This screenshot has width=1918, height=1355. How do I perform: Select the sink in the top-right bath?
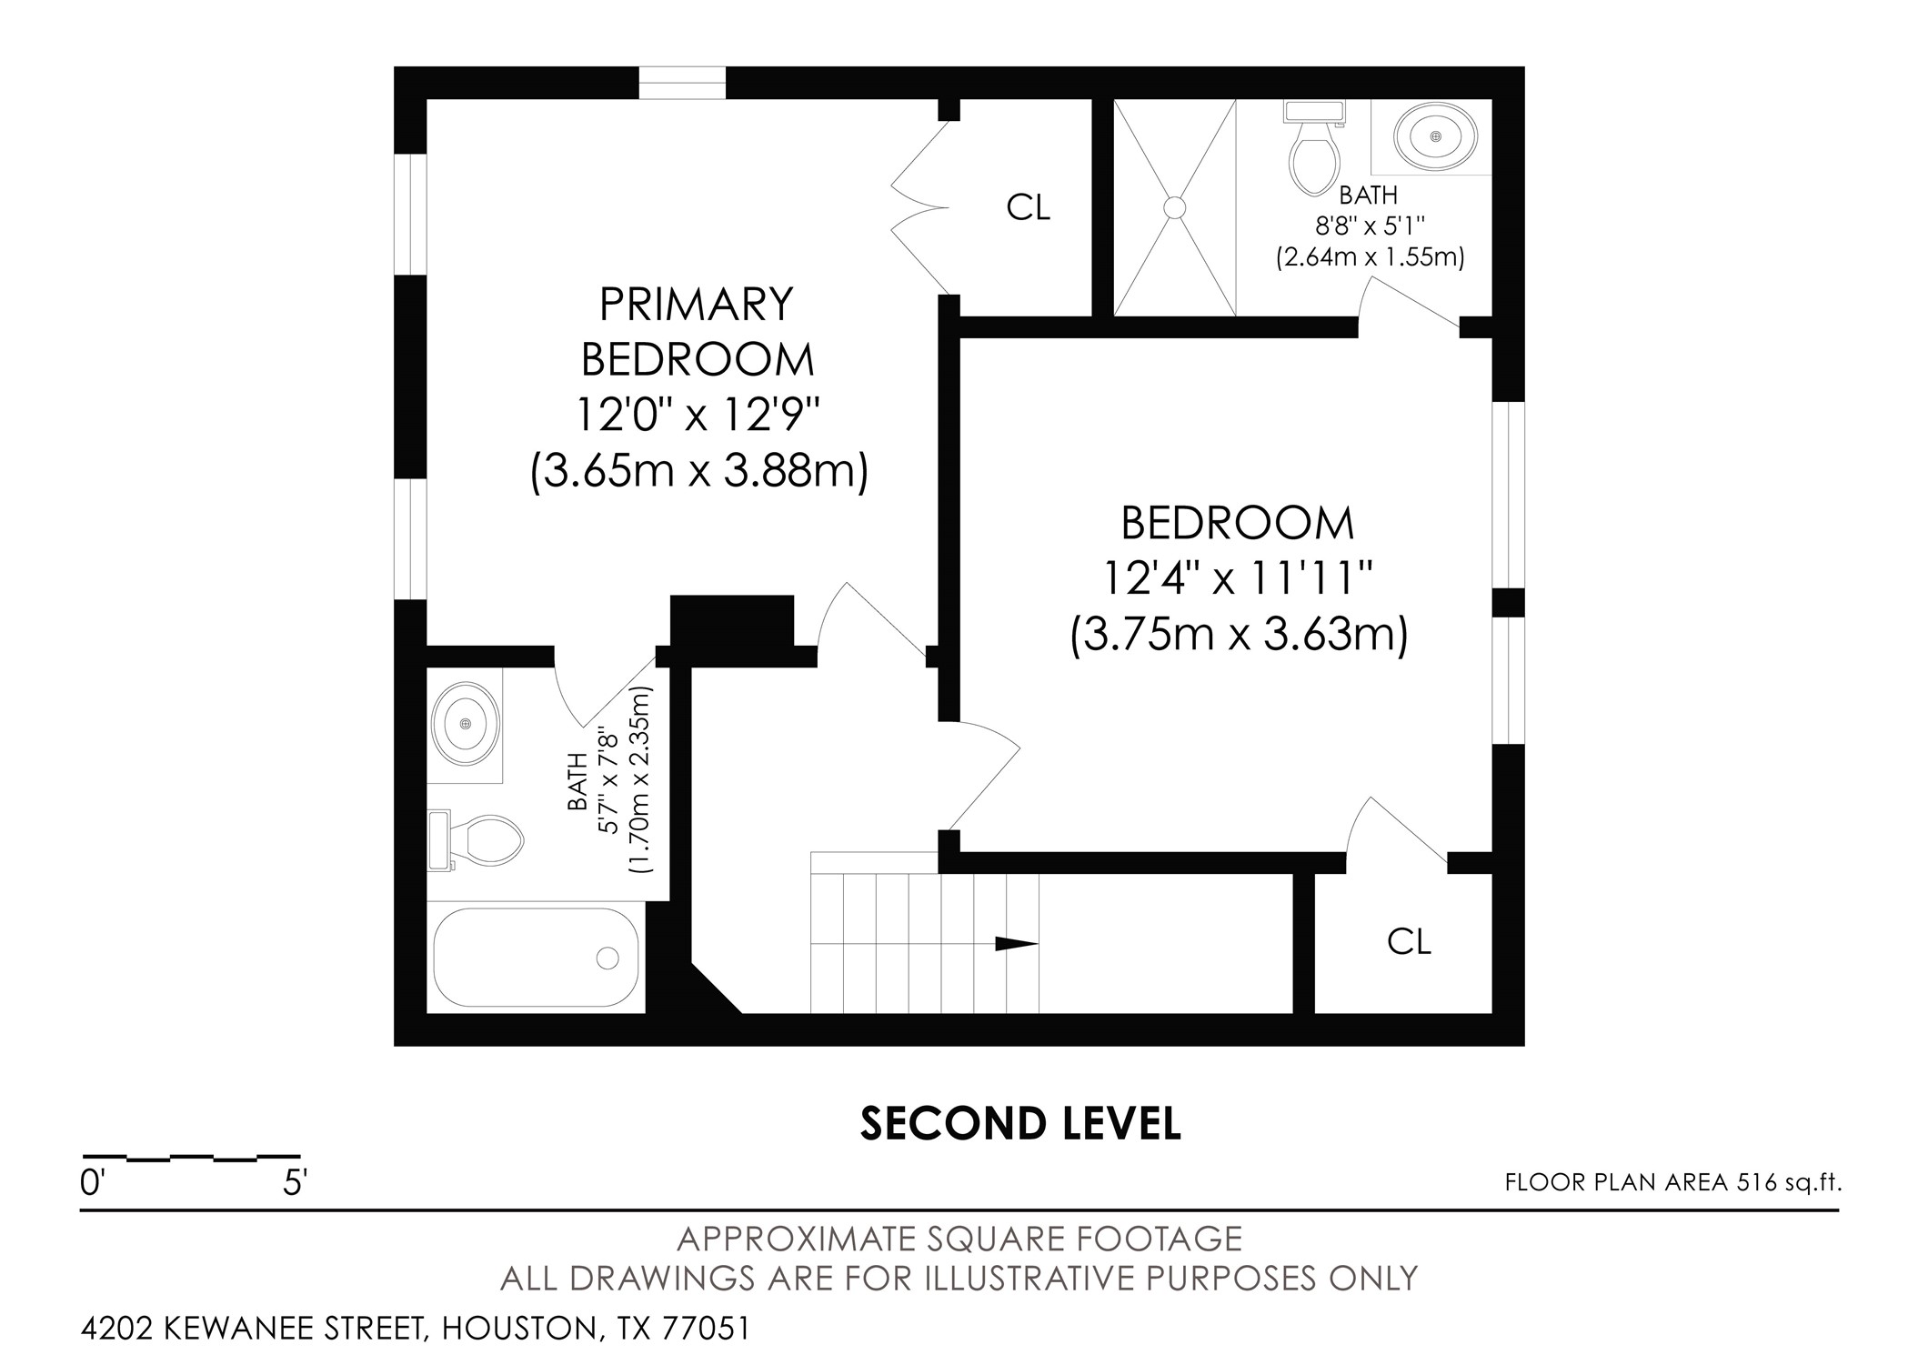click(x=1436, y=136)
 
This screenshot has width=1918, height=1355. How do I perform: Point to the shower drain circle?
click(x=1175, y=208)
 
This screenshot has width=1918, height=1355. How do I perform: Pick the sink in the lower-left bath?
click(x=466, y=724)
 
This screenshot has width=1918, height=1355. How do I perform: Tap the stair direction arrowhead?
click(x=1017, y=943)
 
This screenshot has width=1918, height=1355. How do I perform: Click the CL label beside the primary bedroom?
click(x=1028, y=208)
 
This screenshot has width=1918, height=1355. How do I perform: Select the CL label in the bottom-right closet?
click(x=1409, y=942)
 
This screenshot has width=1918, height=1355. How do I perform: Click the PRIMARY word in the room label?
click(x=697, y=304)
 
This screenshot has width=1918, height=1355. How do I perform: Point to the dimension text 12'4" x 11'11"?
click(x=1238, y=577)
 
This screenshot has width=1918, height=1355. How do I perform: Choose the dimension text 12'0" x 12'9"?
click(x=698, y=416)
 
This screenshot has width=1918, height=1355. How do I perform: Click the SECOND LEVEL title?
click(x=1020, y=1124)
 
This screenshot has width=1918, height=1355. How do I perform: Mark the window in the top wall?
click(x=682, y=82)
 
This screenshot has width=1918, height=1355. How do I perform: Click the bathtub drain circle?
click(x=608, y=958)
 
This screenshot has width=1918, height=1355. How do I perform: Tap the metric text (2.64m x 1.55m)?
click(x=1370, y=257)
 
